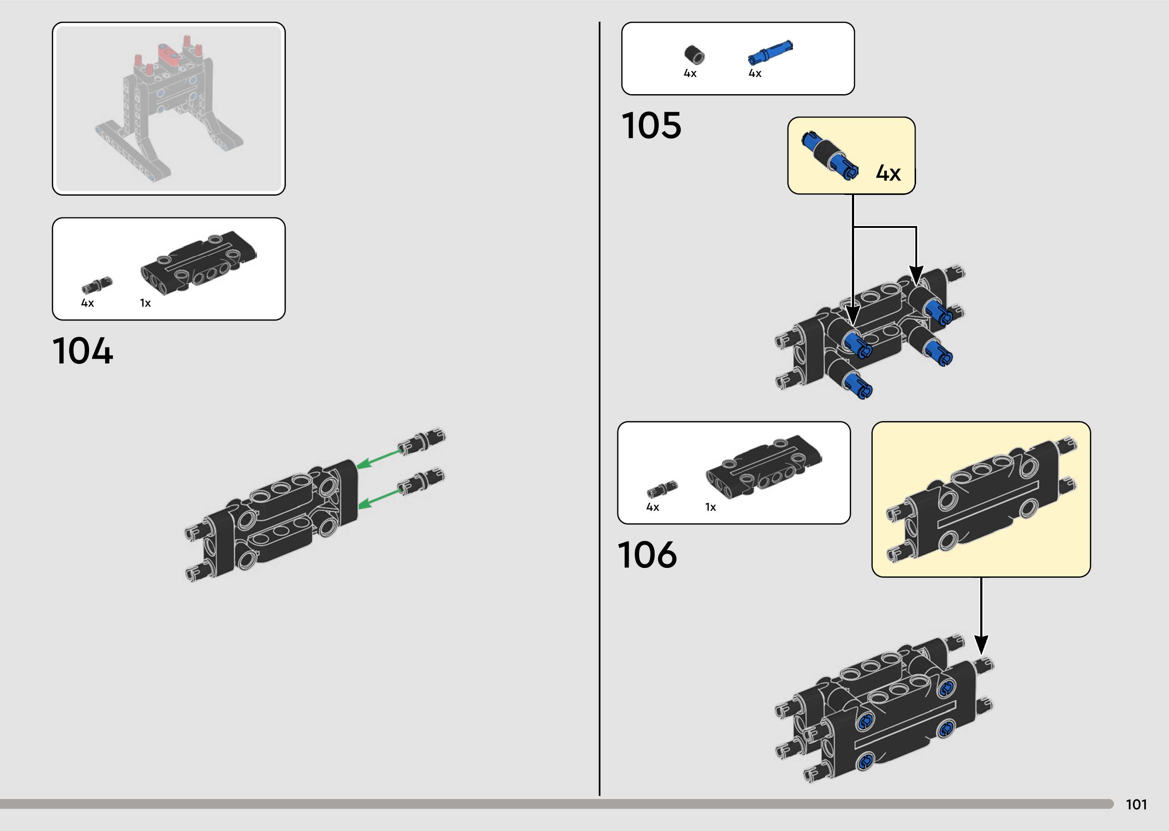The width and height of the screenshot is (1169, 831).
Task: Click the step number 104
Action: (x=82, y=351)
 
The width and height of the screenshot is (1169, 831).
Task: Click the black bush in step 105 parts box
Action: (x=694, y=54)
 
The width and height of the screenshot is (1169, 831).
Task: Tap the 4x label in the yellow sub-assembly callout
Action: (x=888, y=173)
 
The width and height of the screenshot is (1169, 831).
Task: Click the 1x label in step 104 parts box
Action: (x=146, y=303)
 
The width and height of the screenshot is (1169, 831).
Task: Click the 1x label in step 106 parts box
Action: (x=710, y=507)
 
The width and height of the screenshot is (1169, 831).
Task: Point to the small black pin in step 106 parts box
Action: (x=662, y=489)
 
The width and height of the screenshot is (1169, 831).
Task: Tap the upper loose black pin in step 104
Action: (x=422, y=441)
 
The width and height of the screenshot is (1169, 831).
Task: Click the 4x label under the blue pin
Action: (x=755, y=74)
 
